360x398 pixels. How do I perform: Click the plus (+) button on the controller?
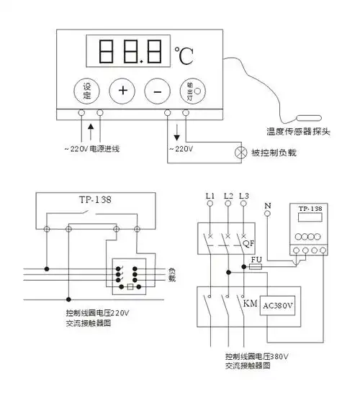pos(122,91)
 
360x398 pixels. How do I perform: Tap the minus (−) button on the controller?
pos(156,91)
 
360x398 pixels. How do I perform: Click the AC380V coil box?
pos(280,304)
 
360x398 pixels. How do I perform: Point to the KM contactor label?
pos(249,304)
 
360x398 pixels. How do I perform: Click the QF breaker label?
pos(249,244)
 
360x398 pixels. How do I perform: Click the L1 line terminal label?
pos(210,196)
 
